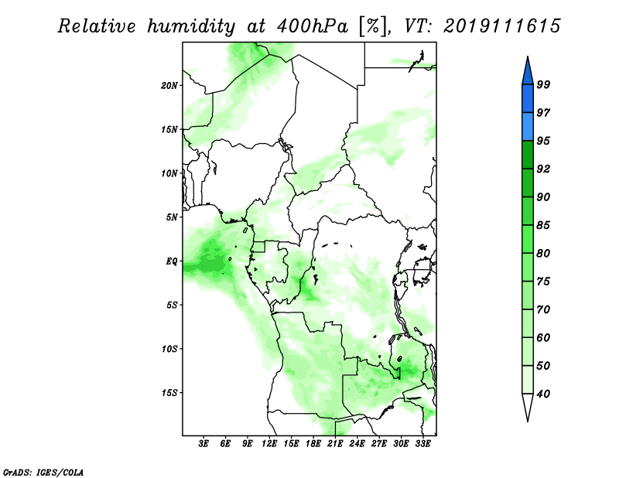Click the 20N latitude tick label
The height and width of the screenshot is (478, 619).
click(x=169, y=86)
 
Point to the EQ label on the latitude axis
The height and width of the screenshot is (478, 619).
click(x=171, y=261)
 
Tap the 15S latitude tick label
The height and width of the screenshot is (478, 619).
click(x=169, y=393)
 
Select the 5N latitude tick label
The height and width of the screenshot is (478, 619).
click(x=172, y=217)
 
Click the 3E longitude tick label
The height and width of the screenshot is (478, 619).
click(x=203, y=444)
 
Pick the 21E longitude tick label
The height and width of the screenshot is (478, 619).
click(x=335, y=444)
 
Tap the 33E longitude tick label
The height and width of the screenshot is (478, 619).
click(x=422, y=444)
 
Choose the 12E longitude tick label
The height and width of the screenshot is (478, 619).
click(x=269, y=444)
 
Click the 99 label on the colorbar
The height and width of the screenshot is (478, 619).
click(x=543, y=84)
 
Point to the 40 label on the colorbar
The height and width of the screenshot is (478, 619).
click(x=543, y=394)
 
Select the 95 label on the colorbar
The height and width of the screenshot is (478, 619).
click(x=543, y=141)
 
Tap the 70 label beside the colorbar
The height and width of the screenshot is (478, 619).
click(x=543, y=309)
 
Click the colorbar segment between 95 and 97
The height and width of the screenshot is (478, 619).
click(x=528, y=127)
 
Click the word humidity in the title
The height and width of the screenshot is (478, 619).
click(x=191, y=27)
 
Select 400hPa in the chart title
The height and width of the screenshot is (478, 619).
click(x=313, y=27)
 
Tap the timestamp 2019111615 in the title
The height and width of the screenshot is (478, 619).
click(x=501, y=26)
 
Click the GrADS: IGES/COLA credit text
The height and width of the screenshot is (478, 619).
click(x=43, y=473)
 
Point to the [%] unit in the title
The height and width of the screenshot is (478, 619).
click(x=373, y=27)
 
